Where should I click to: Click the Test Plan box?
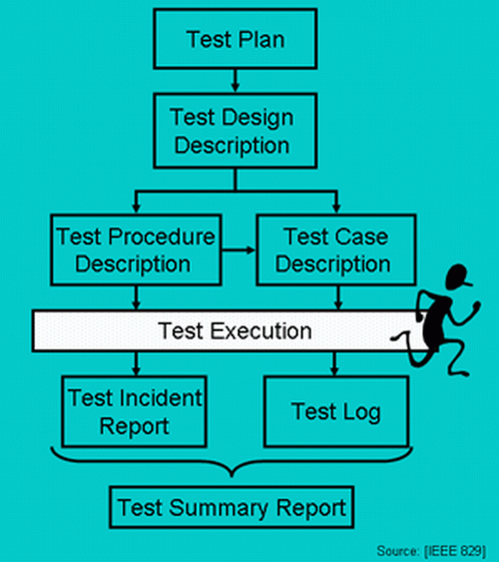pos(236,39)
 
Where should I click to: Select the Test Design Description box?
pos(236,130)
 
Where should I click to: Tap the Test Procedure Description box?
pos(134,251)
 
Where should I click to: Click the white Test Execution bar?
pos(220,330)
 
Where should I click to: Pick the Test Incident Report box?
pos(134,412)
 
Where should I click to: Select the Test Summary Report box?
pos(232,507)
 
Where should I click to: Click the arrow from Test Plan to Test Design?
pos(236,79)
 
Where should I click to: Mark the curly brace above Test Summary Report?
pos(232,464)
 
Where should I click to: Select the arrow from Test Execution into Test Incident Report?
pos(134,363)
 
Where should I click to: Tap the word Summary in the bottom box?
pos(231,507)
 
